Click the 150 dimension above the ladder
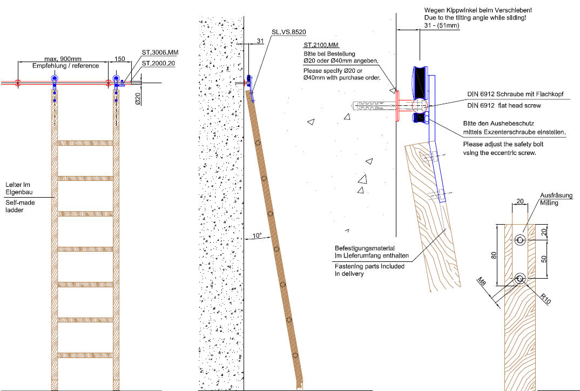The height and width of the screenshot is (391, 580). pyautogui.click(x=120, y=58)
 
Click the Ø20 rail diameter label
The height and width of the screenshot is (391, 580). pyautogui.click(x=138, y=98)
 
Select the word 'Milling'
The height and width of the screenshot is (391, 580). pyautogui.click(x=549, y=203)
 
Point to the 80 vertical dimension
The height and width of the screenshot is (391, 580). pyautogui.click(x=494, y=255)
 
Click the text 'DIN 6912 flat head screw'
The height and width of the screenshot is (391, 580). pyautogui.click(x=504, y=105)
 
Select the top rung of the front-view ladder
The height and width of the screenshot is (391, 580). pyautogui.click(x=85, y=143)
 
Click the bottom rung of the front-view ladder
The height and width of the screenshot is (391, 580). pyautogui.click(x=85, y=355)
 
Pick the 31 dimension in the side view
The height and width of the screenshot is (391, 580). pyautogui.click(x=260, y=41)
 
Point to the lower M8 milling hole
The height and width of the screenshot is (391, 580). pyautogui.click(x=520, y=279)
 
